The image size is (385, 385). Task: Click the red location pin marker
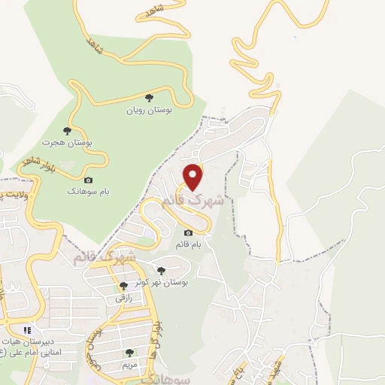(194, 177)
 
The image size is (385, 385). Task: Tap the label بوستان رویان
(149, 110)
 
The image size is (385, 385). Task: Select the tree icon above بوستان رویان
(149, 98)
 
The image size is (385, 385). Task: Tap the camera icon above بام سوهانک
(88, 180)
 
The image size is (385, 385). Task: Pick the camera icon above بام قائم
(188, 232)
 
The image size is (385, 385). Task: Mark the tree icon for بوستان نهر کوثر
(160, 270)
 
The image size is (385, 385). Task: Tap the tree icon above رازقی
(124, 286)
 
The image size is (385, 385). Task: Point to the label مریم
(132, 364)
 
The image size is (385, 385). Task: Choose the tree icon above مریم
(130, 352)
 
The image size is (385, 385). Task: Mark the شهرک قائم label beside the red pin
(194, 202)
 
